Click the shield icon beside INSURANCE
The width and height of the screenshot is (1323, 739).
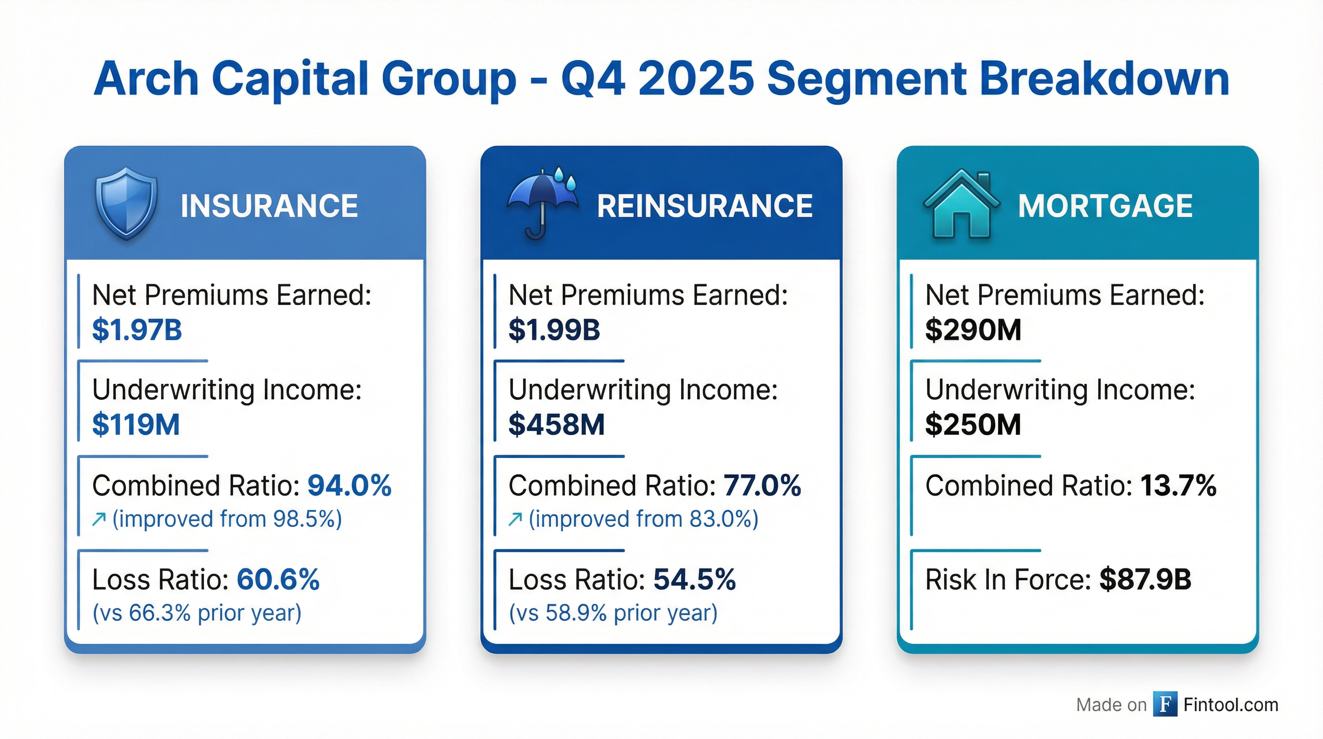126,203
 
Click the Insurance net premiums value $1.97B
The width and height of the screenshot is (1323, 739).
137,330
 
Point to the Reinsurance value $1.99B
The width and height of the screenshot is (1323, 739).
554,330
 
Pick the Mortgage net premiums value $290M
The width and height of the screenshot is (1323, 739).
973,330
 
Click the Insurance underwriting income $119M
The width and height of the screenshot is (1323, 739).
136,424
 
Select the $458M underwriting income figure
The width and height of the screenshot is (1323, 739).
556,424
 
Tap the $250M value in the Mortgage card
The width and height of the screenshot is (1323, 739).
973,424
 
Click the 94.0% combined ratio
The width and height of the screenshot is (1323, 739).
349,485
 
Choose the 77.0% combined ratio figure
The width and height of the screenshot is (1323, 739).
762,485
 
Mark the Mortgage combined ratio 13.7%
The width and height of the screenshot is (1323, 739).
1178,485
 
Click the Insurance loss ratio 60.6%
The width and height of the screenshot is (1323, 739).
278,580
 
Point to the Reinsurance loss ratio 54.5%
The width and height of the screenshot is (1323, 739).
694,580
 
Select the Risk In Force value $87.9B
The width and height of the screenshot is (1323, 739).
1145,580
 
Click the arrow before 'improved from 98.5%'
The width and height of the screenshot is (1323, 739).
99,520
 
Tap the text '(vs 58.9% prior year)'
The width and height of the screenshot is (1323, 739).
613,612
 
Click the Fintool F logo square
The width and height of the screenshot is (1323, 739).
1165,704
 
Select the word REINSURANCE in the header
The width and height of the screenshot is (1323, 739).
705,206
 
